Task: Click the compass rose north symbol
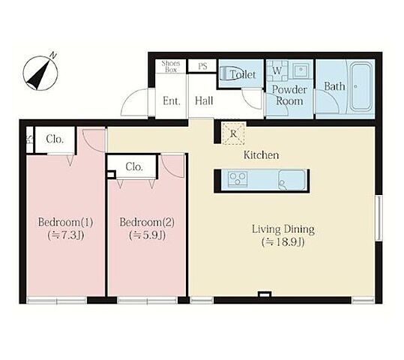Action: (40, 73)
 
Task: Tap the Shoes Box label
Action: (171, 67)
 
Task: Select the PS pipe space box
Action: (202, 66)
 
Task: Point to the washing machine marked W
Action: (277, 70)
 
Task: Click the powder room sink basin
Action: (301, 69)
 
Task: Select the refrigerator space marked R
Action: (233, 133)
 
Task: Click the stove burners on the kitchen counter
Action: (238, 178)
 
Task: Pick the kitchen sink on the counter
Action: (292, 180)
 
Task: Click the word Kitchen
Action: (262, 155)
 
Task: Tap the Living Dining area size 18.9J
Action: (283, 242)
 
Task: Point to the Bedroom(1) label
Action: (65, 222)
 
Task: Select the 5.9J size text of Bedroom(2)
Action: (147, 235)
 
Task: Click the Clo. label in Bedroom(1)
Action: (55, 139)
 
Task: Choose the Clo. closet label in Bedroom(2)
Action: (134, 167)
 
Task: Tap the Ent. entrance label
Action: (172, 101)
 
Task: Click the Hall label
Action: (204, 100)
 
